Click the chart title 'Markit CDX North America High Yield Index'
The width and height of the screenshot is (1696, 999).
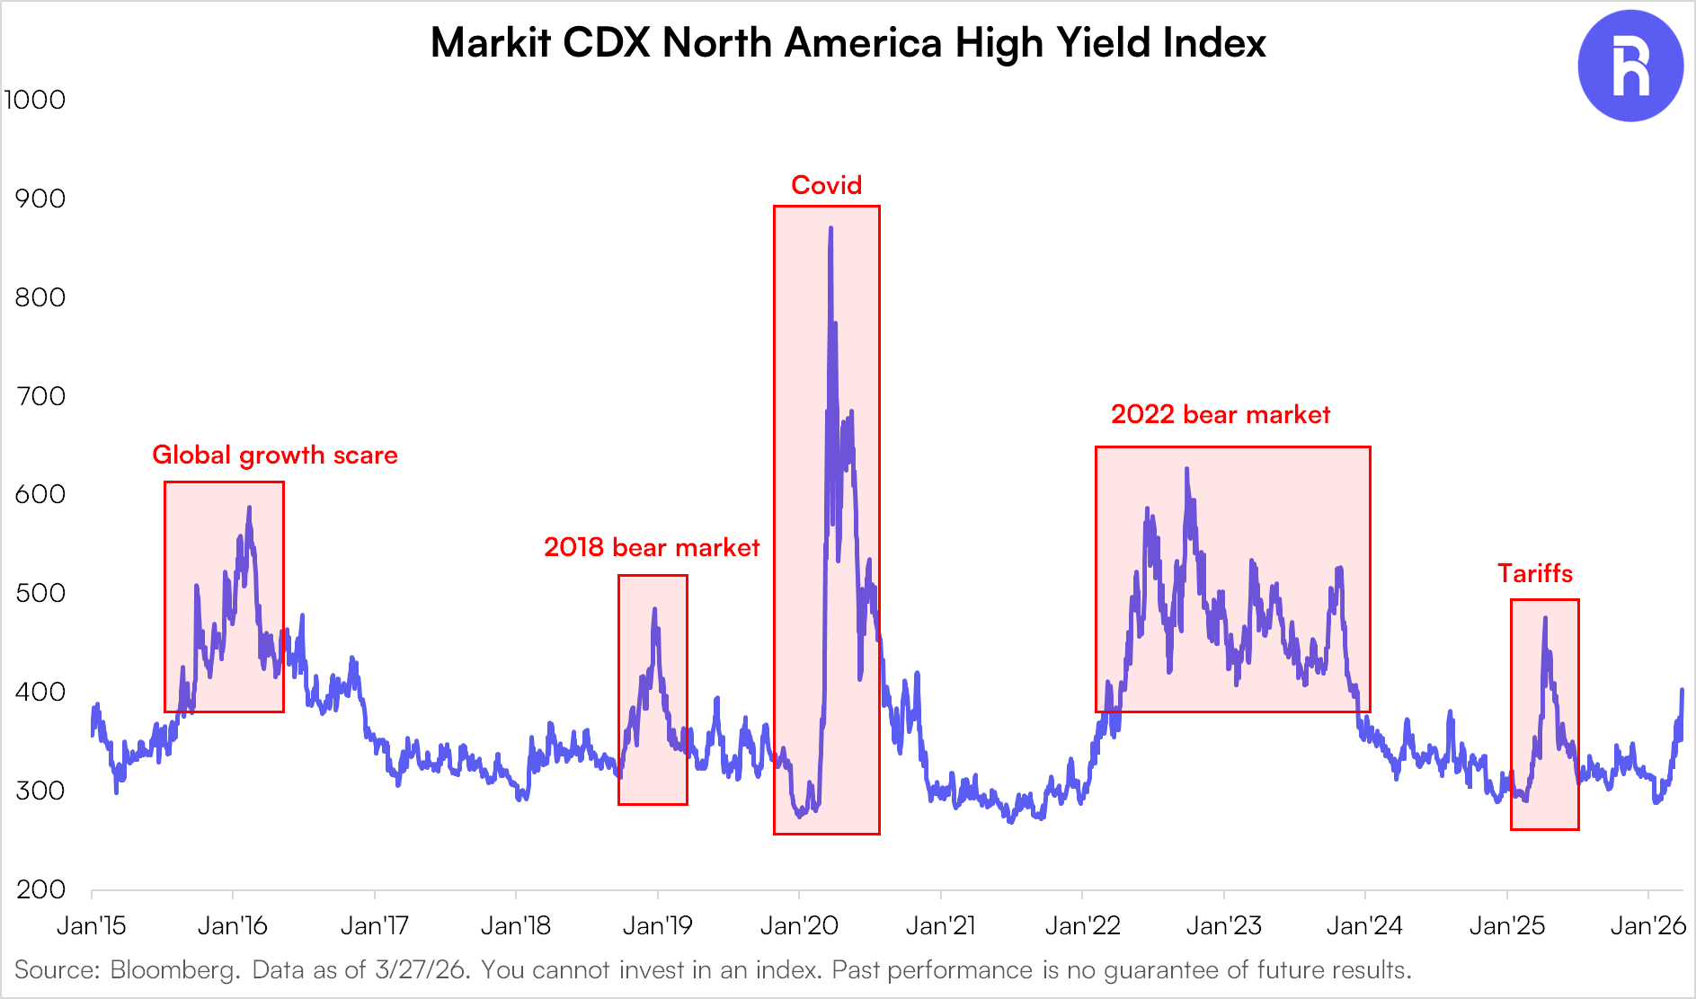[848, 42]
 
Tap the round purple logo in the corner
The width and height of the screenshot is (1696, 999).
[1629, 66]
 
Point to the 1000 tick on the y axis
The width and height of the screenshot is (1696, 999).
[35, 100]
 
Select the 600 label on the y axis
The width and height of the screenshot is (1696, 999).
[40, 494]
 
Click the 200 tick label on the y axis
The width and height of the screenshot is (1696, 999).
[40, 889]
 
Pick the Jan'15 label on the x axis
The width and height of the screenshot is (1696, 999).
[92, 925]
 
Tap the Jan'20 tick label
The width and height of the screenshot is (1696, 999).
[799, 925]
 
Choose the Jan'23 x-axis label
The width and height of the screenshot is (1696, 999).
[1223, 925]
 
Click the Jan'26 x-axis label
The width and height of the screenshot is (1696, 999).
[1647, 925]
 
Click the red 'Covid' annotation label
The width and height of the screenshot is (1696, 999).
[826, 185]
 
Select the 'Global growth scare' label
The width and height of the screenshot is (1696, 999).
[274, 455]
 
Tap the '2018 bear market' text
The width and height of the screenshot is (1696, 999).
[652, 547]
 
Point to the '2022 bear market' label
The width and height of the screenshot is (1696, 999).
[1220, 414]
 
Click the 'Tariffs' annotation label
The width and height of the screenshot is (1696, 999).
[1534, 573]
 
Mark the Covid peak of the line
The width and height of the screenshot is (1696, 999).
[830, 228]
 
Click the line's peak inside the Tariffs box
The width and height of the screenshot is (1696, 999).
[1545, 618]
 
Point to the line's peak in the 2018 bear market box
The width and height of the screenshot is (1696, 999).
[654, 609]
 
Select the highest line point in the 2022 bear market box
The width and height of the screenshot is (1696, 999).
[1186, 469]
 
